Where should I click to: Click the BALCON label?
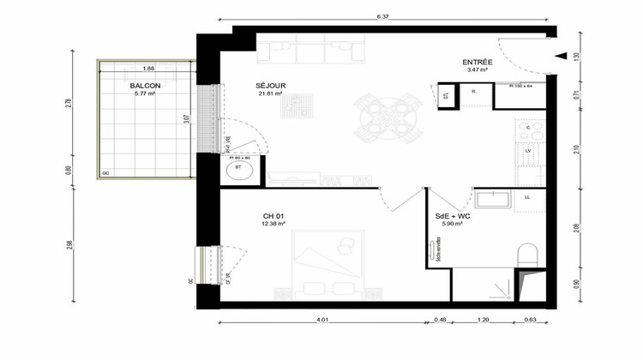pos(144,86)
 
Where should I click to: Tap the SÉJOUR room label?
pos(270,86)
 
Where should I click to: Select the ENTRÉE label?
pos(477,62)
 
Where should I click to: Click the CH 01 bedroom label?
pos(273,216)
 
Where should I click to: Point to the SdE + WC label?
pos(452,216)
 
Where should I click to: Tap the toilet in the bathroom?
pos(529,255)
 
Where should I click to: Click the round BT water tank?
pos(239,171)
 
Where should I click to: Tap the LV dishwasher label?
pos(528,151)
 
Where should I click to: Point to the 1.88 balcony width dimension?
pos(149,69)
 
